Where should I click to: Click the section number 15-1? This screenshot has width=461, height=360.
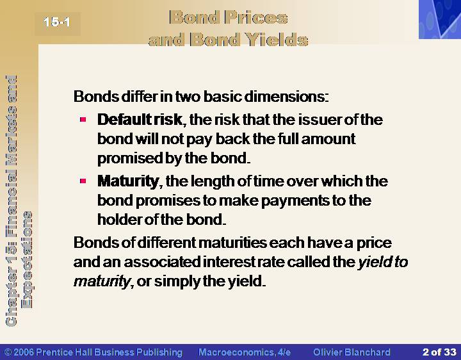[x=57, y=22]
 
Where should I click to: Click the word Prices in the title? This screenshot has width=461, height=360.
[x=256, y=17]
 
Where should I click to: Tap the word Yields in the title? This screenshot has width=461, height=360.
[x=277, y=39]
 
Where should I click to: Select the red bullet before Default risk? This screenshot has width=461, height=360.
[x=83, y=119]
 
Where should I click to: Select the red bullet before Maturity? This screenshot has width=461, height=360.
[x=83, y=181]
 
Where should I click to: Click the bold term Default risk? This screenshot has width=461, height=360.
[x=140, y=119]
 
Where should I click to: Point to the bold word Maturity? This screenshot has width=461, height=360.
[x=128, y=181]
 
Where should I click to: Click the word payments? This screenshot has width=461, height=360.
[x=295, y=201]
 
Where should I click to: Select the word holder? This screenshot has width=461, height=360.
[x=120, y=220]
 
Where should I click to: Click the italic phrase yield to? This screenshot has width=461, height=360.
[x=383, y=262]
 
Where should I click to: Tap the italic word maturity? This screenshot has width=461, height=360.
[x=101, y=281]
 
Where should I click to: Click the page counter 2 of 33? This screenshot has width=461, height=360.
[x=439, y=352]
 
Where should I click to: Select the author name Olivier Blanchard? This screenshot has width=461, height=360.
[x=352, y=352]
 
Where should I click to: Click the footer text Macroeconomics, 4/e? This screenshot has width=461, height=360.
[x=245, y=352]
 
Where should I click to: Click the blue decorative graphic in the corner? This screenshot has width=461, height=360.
[x=440, y=19]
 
